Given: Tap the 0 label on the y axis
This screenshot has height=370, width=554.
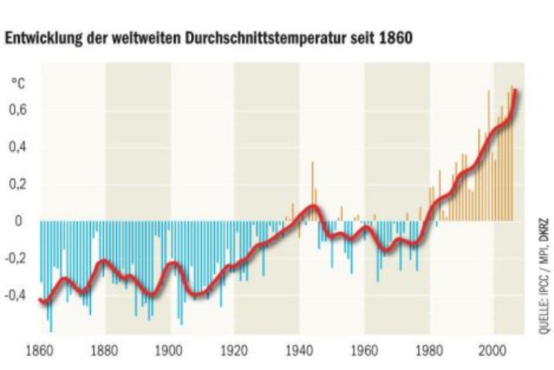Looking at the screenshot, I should tap(19, 221).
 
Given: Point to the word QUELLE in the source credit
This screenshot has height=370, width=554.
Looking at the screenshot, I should tap(542, 319).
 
